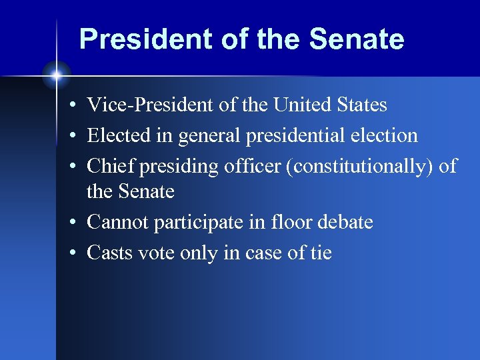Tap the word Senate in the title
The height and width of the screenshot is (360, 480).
[x=357, y=39]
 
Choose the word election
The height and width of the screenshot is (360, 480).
[x=389, y=136]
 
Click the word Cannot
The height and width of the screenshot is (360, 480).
[x=118, y=223]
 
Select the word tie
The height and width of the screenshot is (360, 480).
[x=319, y=253]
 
